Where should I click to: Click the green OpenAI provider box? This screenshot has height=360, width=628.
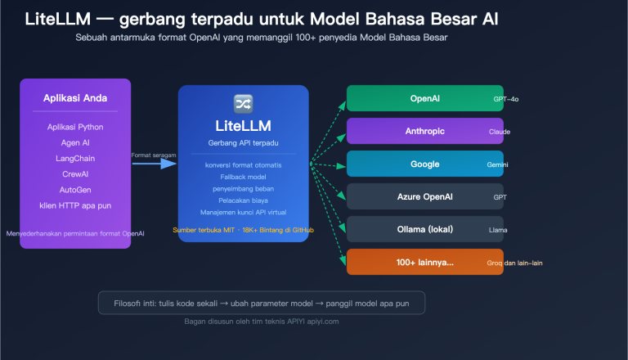[x=424, y=98]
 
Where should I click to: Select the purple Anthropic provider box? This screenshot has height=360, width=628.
[x=424, y=131]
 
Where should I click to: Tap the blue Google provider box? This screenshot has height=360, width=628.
[x=424, y=164]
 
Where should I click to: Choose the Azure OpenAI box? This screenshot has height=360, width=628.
[x=424, y=196]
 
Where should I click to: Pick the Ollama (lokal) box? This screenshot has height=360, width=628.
[x=424, y=229]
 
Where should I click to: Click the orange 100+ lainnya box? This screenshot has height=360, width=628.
[x=424, y=262]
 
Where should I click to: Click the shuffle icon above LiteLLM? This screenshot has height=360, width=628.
[x=243, y=103]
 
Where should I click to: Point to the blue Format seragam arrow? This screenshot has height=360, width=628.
[x=155, y=164]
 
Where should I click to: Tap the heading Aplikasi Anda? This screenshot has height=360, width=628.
[x=75, y=98]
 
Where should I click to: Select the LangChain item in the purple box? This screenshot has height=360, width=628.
[x=75, y=158]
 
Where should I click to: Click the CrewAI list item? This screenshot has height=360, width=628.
[x=75, y=173]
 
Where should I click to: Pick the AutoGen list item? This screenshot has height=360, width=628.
[x=75, y=189]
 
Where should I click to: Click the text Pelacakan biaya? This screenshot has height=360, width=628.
[x=243, y=200]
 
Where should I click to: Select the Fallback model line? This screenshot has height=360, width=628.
[x=243, y=177]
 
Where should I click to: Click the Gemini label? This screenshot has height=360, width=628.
[x=498, y=164]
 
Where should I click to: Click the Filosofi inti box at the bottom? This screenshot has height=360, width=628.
[x=262, y=302]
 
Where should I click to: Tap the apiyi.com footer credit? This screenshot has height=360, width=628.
[x=262, y=322]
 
